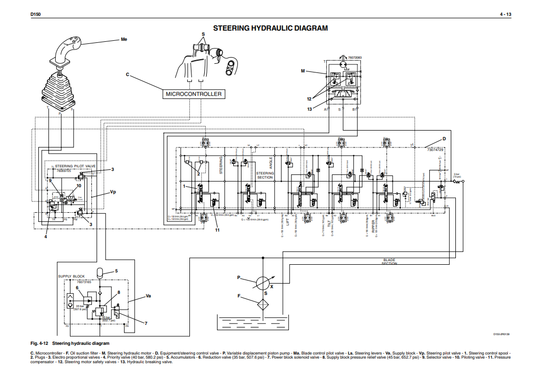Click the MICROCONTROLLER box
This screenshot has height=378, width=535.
click(193, 94)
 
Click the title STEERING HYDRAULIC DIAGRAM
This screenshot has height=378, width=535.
click(271, 28)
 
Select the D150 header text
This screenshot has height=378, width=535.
click(35, 14)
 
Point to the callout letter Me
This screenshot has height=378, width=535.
click(124, 39)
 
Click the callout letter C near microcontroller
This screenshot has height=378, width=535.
click(128, 74)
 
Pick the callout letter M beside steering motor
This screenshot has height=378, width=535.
click(302, 71)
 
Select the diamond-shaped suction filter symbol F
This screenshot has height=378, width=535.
click(263, 305)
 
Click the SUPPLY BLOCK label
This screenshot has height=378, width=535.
click(71, 276)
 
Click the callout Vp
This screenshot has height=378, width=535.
click(113, 193)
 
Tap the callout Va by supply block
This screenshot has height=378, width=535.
click(149, 295)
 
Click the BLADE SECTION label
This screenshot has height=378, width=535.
click(390, 262)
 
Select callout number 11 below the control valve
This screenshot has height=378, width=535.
click(217, 231)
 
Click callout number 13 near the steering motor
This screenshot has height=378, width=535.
click(309, 109)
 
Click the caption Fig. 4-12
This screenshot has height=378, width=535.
click(40, 343)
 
